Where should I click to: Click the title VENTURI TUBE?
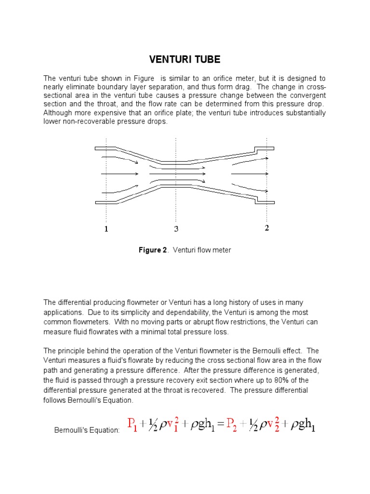185,60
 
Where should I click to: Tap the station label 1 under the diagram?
106,229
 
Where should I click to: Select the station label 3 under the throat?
176,229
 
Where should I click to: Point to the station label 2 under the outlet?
266,228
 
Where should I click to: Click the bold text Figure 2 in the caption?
152,250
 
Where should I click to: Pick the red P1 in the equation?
132,425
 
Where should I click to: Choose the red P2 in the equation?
229,425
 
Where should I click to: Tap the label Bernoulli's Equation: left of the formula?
87,430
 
